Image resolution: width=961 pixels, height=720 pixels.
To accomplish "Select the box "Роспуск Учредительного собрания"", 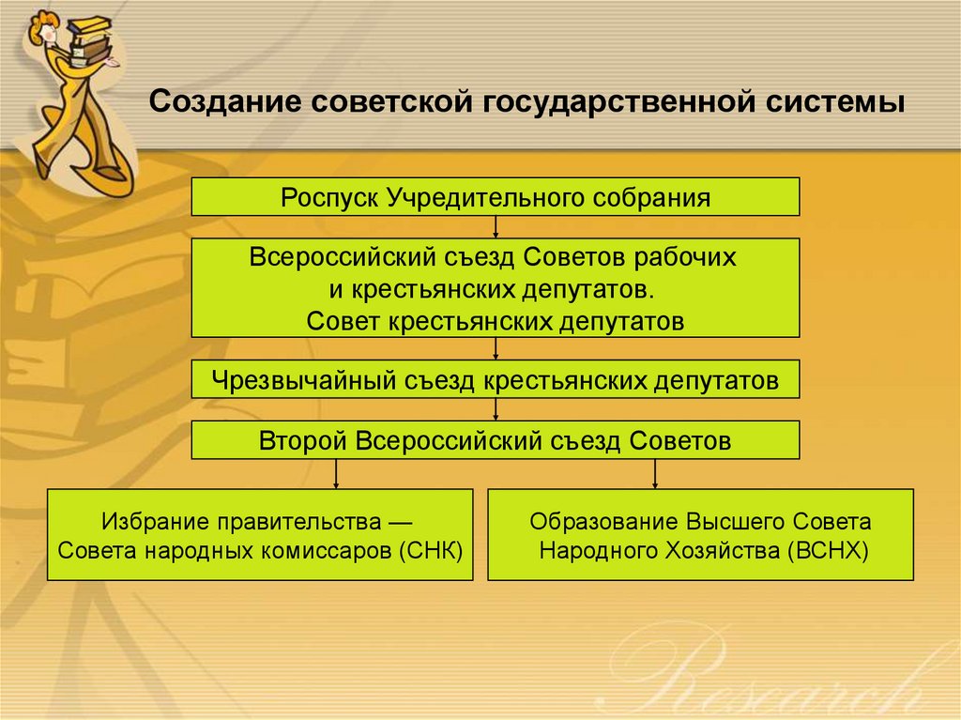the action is click(x=496, y=197).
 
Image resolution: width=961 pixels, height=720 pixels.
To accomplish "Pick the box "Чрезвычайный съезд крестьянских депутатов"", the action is click(x=496, y=380).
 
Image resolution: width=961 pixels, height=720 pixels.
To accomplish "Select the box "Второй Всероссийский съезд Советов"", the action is click(x=496, y=439).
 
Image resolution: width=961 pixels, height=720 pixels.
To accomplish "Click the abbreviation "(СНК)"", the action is click(x=431, y=549).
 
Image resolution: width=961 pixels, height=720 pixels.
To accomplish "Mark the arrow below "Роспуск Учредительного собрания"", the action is click(x=496, y=227).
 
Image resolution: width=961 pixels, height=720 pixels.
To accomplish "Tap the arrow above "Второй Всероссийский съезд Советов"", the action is click(x=496, y=409).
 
